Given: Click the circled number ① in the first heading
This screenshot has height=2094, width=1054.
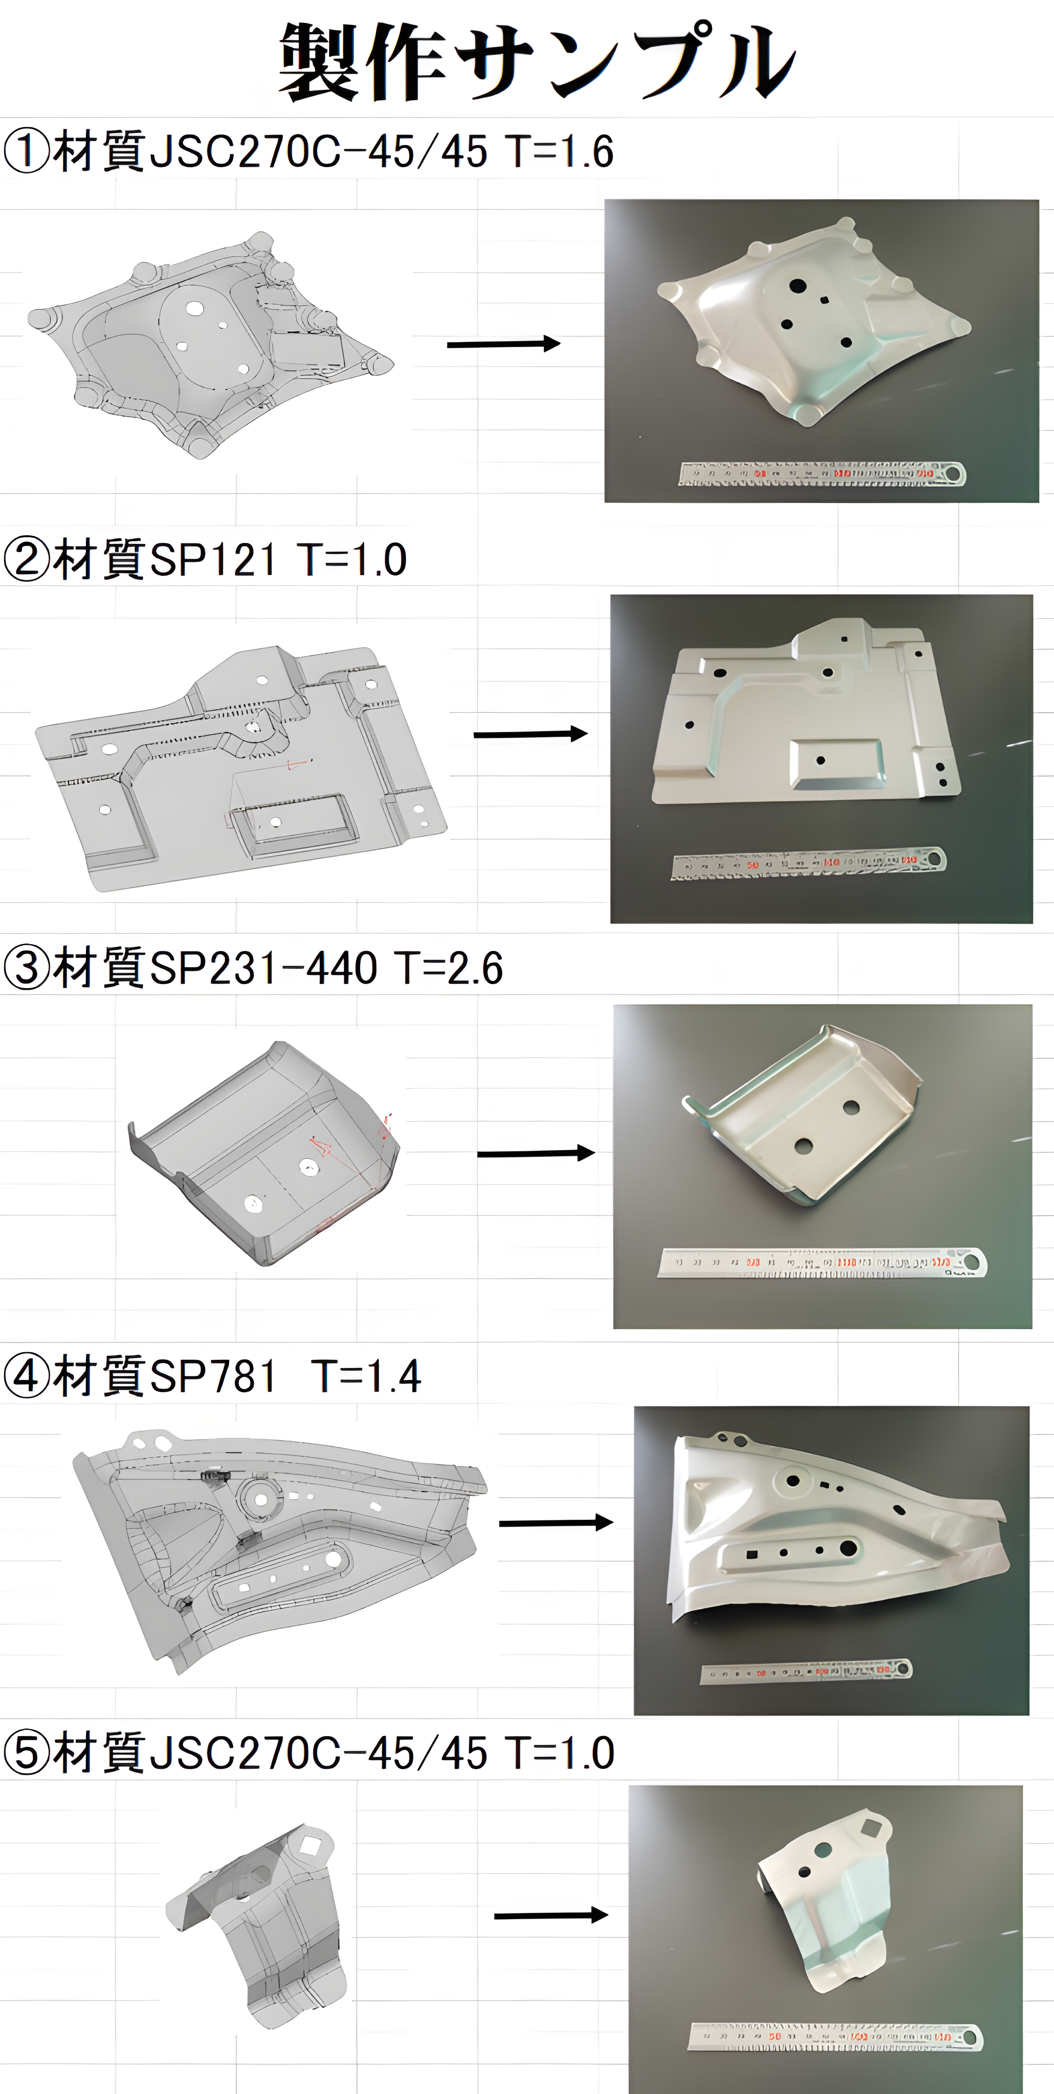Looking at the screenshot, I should [x=27, y=152].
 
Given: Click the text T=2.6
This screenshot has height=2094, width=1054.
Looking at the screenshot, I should [x=449, y=968].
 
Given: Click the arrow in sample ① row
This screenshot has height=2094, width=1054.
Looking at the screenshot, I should [x=503, y=344].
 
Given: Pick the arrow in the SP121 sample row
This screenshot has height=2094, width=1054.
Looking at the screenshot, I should [x=530, y=734].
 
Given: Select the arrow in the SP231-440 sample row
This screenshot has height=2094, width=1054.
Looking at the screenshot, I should [x=536, y=1153].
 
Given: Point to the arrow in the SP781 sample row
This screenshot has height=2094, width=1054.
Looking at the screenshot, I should [x=556, y=1522].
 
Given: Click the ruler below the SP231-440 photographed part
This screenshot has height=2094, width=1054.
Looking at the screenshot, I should [x=821, y=1262].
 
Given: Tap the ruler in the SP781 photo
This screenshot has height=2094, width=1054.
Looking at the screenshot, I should [x=806, y=1671].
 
